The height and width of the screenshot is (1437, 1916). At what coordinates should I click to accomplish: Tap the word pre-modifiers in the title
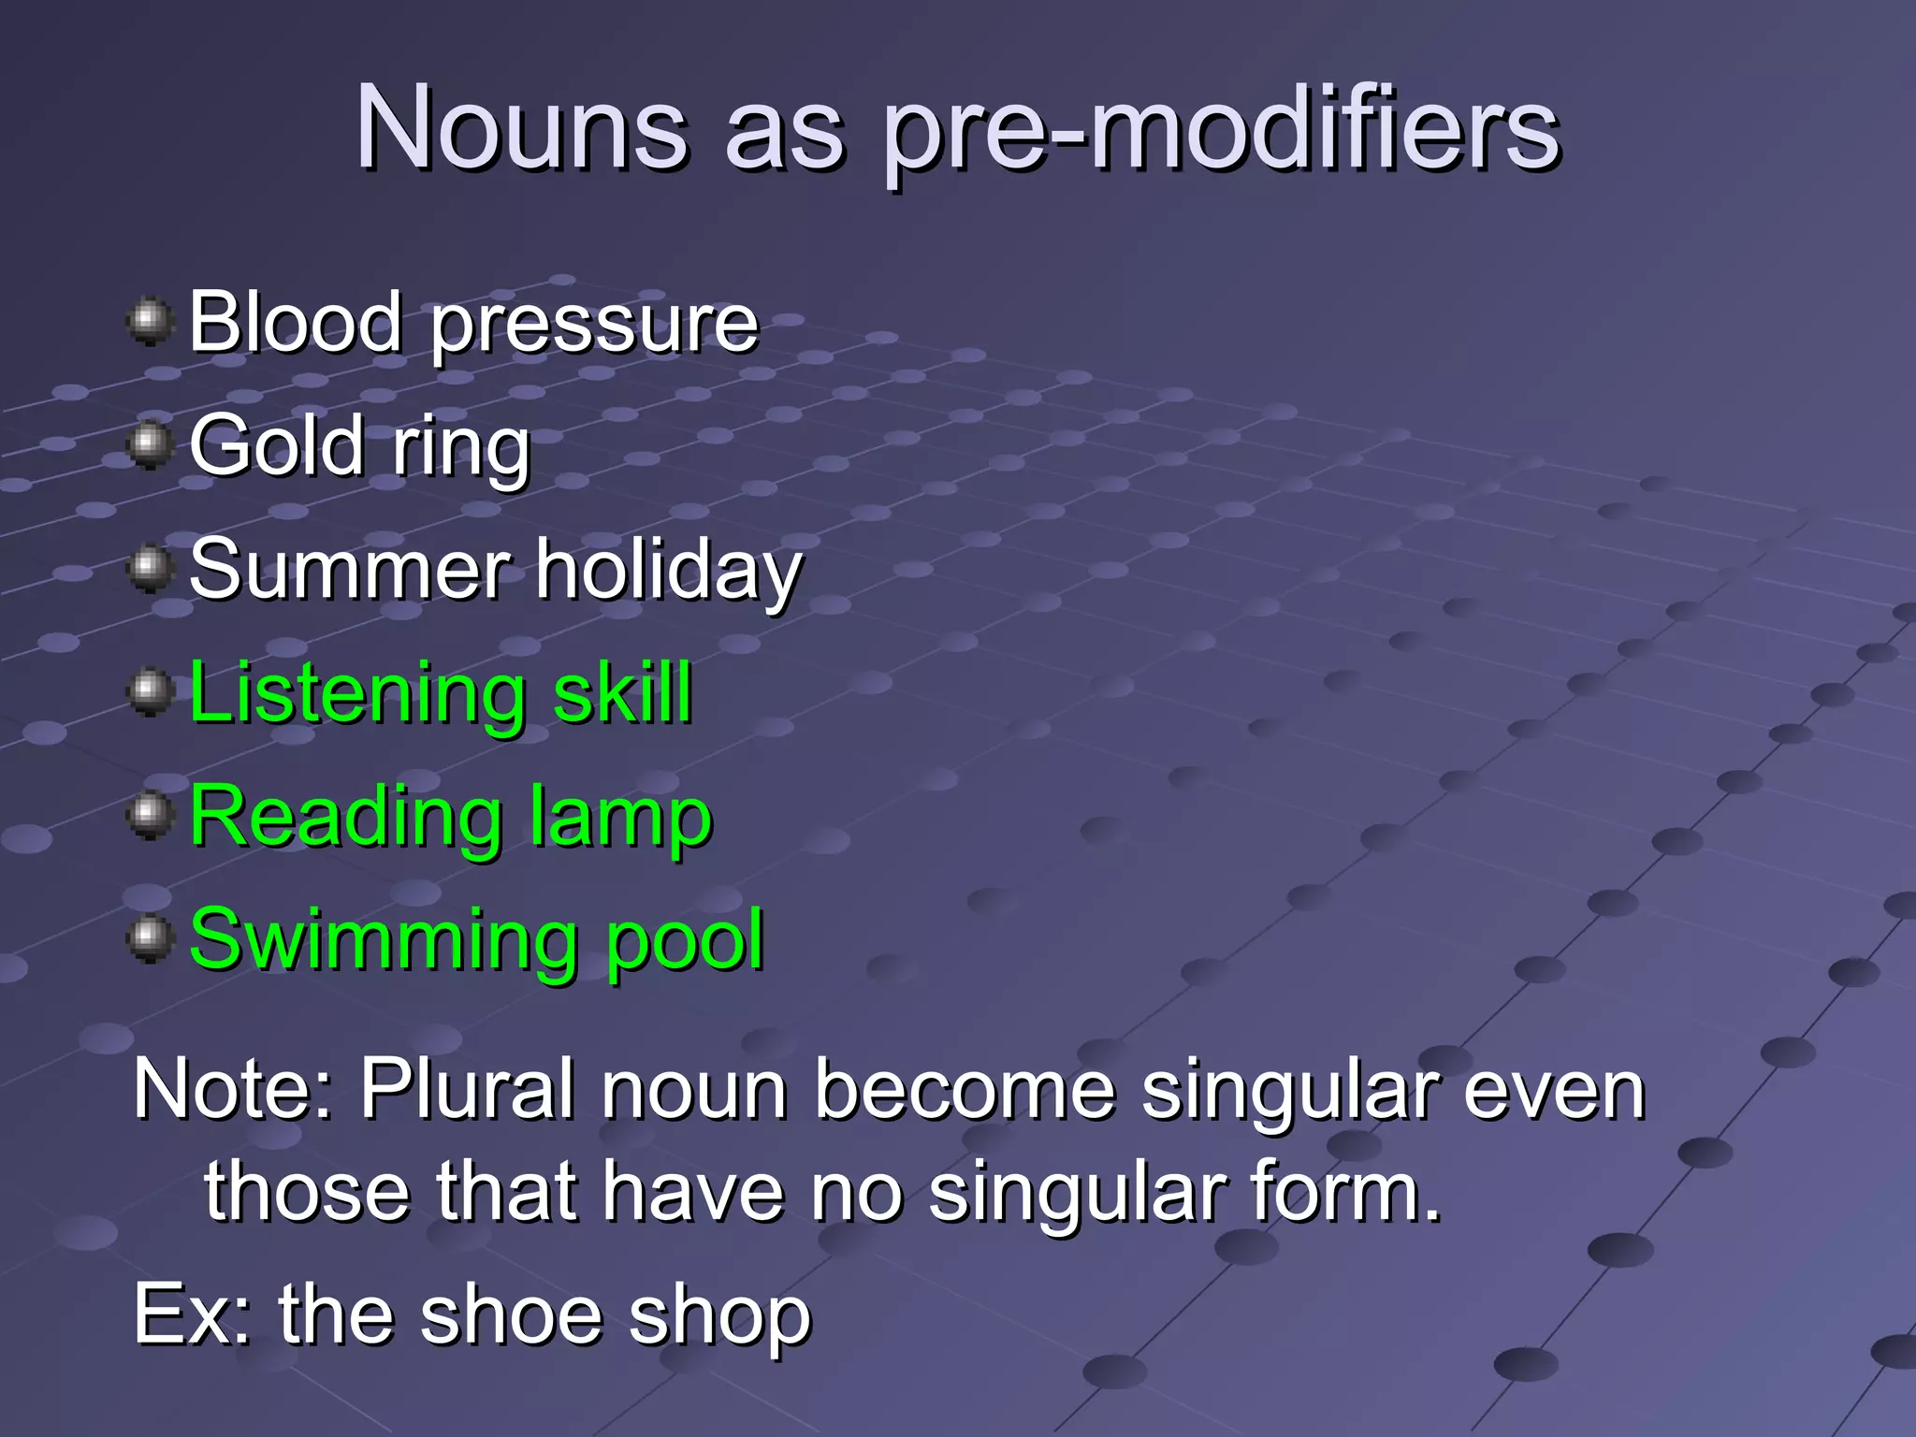click(x=1221, y=131)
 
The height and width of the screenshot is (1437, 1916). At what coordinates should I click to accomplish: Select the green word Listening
click(x=356, y=694)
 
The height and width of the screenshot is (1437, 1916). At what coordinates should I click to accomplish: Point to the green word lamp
click(x=620, y=820)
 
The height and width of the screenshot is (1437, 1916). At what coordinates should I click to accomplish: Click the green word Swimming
click(x=383, y=941)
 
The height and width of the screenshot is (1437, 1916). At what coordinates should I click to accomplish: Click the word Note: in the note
click(x=234, y=1089)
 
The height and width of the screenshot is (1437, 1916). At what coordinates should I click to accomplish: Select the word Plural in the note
click(x=467, y=1089)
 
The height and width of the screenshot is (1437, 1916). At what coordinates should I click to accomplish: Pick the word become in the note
click(x=965, y=1089)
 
